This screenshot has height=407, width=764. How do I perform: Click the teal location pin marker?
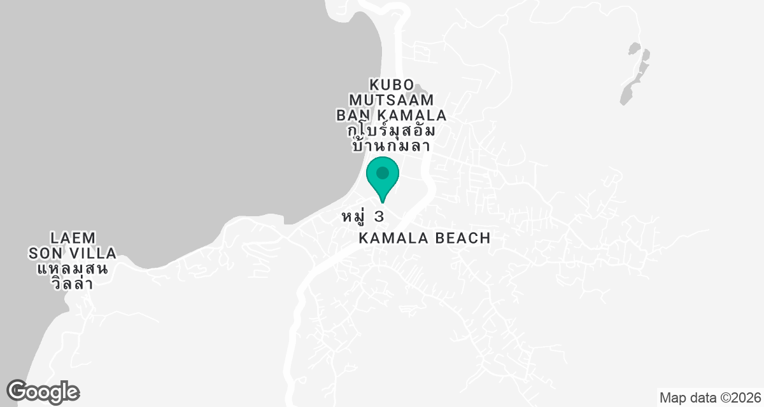tap(383, 177)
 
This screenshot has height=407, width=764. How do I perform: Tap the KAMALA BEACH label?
tap(425, 238)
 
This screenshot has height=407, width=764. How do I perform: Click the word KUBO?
tap(392, 85)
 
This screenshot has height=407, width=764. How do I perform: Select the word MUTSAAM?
tap(392, 100)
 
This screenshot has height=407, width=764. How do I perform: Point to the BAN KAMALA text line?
tap(391, 116)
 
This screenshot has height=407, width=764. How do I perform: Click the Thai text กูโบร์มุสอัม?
tap(392, 131)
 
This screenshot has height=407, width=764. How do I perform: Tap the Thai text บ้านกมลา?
tap(391, 146)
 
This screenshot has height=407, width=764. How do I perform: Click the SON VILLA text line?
tap(73, 254)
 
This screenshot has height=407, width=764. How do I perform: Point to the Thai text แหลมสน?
tap(72, 268)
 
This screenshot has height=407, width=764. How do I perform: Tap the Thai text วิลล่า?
tap(72, 284)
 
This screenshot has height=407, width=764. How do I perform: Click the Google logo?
tap(43, 391)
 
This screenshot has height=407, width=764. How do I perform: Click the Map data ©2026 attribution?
tap(709, 398)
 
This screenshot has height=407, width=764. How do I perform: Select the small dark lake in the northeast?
tap(635, 71)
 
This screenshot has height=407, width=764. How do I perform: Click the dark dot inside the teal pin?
tap(383, 172)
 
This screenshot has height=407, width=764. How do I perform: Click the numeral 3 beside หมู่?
tap(379, 217)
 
